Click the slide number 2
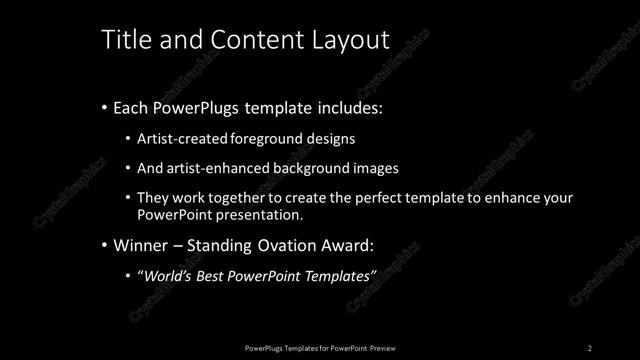[x=590, y=347]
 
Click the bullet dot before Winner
[x=104, y=245]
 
